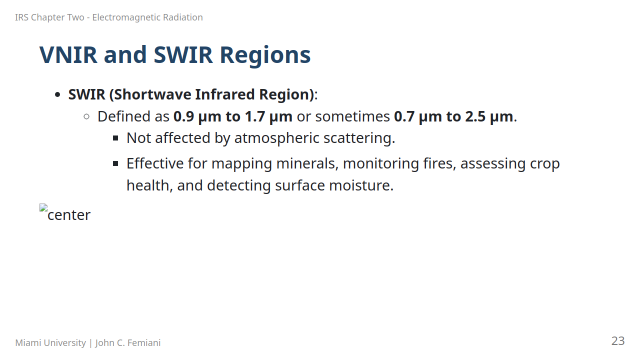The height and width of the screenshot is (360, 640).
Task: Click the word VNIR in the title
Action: point(68,55)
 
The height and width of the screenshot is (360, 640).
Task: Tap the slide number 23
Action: point(618,341)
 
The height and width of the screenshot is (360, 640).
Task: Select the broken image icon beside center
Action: point(43,207)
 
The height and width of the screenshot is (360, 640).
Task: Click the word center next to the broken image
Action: point(69,215)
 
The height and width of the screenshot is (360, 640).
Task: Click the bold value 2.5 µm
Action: point(489,116)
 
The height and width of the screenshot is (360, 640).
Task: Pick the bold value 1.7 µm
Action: point(268,116)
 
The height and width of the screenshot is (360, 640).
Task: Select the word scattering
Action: point(359,138)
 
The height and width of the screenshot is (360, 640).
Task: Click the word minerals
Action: point(307,163)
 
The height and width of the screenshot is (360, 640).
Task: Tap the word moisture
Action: point(361,185)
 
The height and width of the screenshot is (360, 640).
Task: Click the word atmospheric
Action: point(276,138)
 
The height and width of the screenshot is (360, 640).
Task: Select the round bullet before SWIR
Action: point(57,95)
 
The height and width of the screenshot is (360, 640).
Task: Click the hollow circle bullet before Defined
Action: point(86,116)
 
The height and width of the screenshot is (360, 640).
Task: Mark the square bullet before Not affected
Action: point(115,138)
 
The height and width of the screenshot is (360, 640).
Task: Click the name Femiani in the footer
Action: point(144,343)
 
